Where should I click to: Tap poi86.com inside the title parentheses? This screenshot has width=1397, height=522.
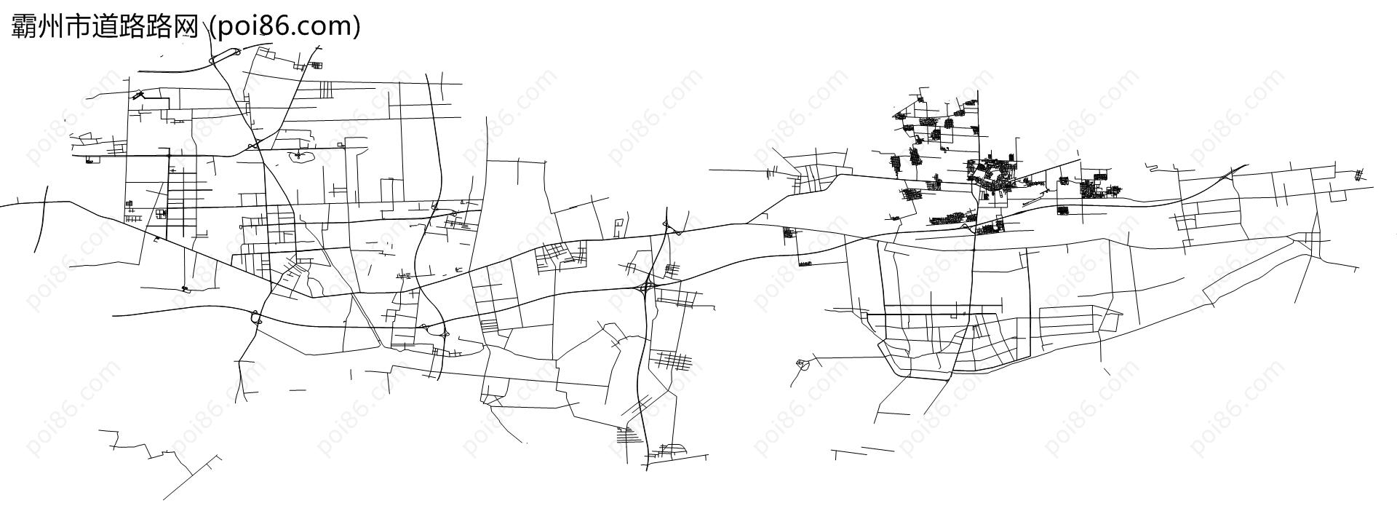tap(284, 26)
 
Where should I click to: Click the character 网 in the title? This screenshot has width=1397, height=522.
tap(186, 26)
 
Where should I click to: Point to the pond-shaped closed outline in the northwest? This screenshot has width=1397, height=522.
tap(302, 156)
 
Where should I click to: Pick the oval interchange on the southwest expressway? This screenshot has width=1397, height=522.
tap(255, 317)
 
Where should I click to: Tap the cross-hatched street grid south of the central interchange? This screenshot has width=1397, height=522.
tap(673, 360)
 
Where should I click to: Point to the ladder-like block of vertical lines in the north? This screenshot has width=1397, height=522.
tap(326, 89)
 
